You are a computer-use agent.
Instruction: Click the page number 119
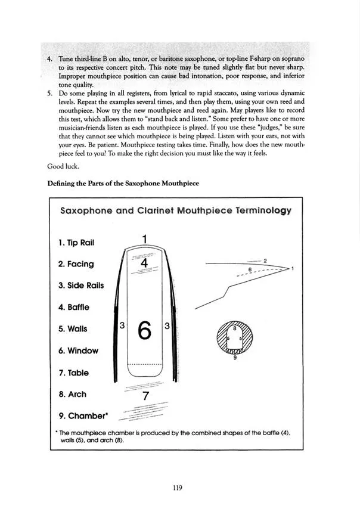[x=177, y=487]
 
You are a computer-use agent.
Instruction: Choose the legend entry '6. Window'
[x=78, y=351]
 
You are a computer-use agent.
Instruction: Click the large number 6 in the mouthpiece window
[x=144, y=330]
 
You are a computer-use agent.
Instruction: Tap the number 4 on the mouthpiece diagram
[x=144, y=262]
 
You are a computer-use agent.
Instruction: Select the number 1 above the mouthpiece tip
[x=145, y=238]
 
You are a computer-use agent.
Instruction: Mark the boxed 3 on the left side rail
[x=122, y=325]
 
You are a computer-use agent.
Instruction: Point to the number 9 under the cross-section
[x=235, y=358]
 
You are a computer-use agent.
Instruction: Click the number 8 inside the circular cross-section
[x=234, y=328]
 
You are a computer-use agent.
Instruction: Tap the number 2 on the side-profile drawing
[x=264, y=260]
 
